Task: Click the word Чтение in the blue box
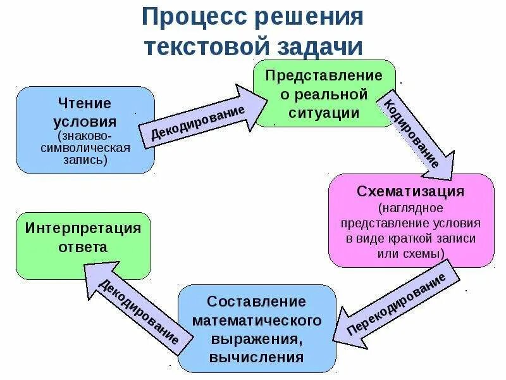point(85,103)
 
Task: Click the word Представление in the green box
point(324,76)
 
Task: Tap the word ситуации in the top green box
point(324,113)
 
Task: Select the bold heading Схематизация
point(410,191)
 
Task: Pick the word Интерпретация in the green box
point(83,227)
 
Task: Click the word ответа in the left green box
point(83,247)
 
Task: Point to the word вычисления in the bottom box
point(257,357)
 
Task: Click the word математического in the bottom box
point(257,320)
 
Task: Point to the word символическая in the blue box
point(85,148)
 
